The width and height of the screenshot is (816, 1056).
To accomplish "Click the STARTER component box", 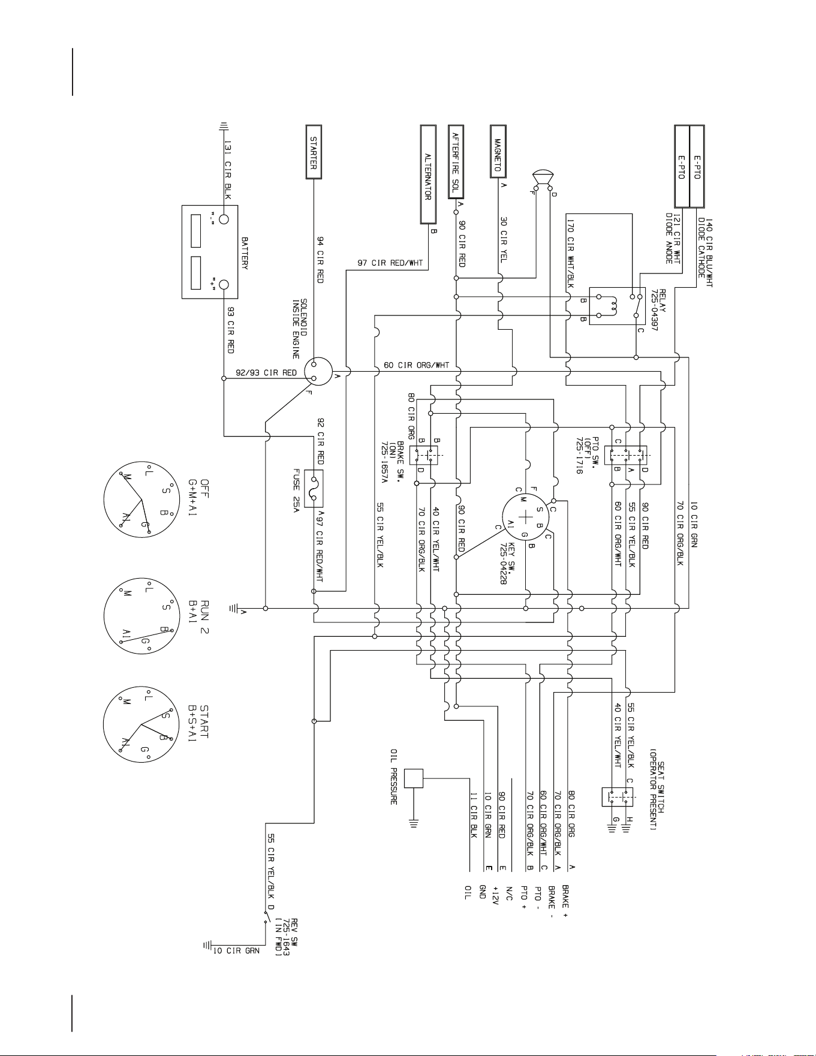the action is click(314, 152).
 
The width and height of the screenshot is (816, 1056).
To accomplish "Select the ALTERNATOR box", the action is click(428, 174).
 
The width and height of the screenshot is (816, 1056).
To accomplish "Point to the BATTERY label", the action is click(245, 252).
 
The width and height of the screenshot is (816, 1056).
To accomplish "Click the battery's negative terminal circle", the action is click(224, 218).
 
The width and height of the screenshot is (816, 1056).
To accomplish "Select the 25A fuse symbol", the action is click(314, 488).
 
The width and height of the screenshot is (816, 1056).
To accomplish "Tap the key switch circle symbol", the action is click(526, 517).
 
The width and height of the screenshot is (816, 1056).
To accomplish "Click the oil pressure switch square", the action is click(414, 778).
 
